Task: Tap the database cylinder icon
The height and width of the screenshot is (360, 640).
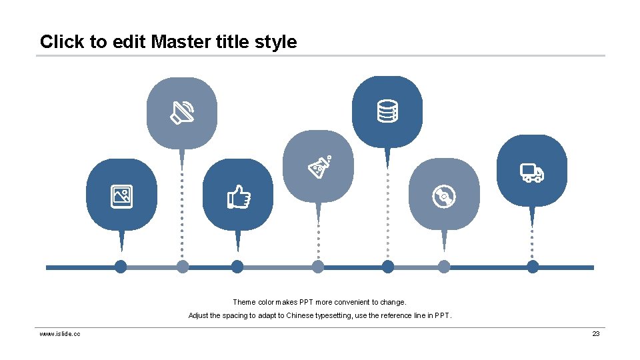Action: (x=387, y=111)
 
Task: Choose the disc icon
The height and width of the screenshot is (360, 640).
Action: (x=444, y=197)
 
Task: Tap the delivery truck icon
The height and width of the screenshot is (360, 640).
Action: (x=532, y=173)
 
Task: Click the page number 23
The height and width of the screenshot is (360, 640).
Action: (x=596, y=333)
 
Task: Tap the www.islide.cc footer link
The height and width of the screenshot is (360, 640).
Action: (x=60, y=333)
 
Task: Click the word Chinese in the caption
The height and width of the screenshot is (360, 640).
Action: (x=299, y=315)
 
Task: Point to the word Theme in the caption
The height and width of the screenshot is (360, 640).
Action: (x=243, y=302)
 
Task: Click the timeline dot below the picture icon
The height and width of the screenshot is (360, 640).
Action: (x=121, y=267)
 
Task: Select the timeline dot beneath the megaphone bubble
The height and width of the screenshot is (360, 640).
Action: (x=183, y=267)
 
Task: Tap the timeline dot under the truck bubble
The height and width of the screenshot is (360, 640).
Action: (x=533, y=267)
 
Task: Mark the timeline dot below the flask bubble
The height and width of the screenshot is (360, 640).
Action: (x=318, y=267)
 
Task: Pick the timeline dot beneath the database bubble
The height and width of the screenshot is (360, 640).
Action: (x=388, y=267)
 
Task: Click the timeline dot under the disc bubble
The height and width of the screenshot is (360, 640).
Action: (x=444, y=267)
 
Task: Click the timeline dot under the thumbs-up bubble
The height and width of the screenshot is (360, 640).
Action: (x=237, y=267)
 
